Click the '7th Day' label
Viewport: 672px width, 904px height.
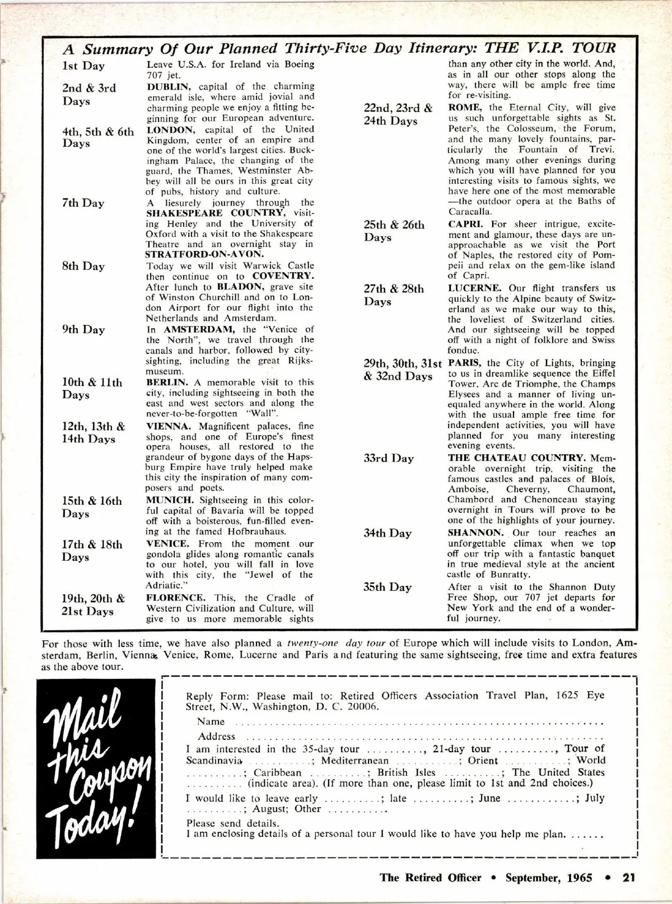pos(83,203)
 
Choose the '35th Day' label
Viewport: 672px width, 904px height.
pos(388,588)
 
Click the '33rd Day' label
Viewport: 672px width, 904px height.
pos(389,459)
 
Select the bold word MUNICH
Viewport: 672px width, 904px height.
pos(170,500)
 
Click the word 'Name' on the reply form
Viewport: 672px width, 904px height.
pos(211,722)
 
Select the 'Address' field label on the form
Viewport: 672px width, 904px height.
pos(216,737)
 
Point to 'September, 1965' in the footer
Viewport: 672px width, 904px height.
pos(549,877)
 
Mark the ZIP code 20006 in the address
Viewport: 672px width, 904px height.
pos(361,706)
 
